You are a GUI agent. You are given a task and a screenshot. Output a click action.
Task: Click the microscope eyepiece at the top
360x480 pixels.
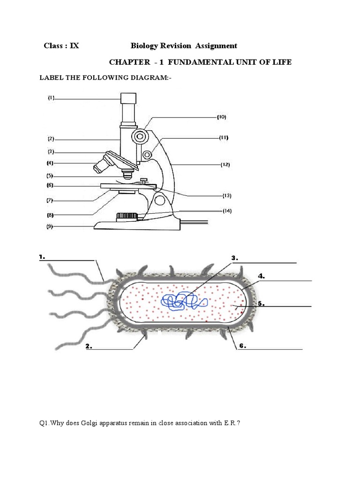coord(128,98)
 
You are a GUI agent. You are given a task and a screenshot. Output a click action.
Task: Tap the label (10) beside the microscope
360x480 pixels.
coord(222,117)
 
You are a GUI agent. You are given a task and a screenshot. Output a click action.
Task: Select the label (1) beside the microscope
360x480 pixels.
coord(51,98)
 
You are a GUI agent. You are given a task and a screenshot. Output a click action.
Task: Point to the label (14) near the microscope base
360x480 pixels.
coord(227,211)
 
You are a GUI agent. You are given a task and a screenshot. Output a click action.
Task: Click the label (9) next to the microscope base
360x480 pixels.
coord(50,227)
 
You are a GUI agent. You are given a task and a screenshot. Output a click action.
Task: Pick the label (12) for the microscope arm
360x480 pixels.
coord(225,165)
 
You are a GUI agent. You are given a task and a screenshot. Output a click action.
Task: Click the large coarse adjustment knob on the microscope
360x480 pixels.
coord(140,136)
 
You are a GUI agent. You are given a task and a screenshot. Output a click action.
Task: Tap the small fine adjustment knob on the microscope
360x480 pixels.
coord(147,155)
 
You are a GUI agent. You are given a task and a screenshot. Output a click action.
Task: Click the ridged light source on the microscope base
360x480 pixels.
coord(127,217)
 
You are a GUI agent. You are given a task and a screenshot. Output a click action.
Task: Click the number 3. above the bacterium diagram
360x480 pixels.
coord(234,258)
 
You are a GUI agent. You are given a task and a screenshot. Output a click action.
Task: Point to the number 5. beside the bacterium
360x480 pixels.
coord(261,304)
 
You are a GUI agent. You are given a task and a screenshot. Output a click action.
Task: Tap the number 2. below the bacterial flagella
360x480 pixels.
coord(89,346)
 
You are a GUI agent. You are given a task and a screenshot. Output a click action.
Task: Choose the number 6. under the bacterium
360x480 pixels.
coord(242,346)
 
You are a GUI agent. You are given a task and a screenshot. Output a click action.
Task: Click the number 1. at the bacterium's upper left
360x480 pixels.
coord(42,257)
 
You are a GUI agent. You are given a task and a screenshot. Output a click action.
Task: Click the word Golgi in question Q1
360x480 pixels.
coord(90,423)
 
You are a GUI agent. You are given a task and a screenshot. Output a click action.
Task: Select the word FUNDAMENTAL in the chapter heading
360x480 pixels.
coord(200,62)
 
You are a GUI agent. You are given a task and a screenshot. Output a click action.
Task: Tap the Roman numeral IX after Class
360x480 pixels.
coord(75,46)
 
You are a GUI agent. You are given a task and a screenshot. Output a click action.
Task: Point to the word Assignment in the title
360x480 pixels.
coord(216,46)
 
